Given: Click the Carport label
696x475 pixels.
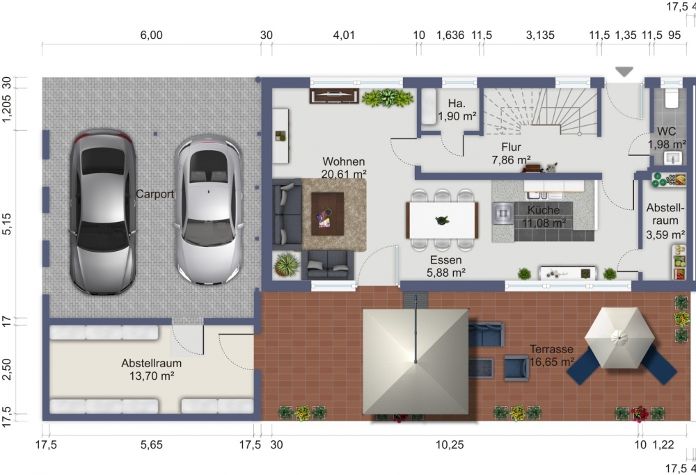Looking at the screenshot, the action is click(155, 194).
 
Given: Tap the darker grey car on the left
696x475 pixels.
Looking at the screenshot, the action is click(102, 212).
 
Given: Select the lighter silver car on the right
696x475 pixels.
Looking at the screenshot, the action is click(209, 209).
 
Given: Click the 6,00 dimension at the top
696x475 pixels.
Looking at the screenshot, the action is click(151, 35).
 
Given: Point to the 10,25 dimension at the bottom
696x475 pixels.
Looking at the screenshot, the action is click(450, 444).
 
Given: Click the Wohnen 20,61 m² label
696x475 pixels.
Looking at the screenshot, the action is click(344, 168).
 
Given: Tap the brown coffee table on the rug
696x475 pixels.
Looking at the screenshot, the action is click(328, 214).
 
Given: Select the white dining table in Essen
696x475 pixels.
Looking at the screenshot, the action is click(442, 220).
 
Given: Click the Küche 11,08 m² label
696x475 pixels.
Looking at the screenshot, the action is click(544, 216).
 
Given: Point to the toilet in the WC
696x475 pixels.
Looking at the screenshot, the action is click(671, 98).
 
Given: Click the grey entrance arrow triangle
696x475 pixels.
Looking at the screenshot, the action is click(624, 72).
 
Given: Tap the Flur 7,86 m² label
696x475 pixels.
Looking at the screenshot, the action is click(512, 154).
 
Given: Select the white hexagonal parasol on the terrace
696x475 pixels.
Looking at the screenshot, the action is click(619, 338).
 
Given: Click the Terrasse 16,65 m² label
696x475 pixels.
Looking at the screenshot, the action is click(552, 355).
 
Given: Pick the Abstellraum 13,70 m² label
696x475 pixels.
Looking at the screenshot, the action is click(151, 369).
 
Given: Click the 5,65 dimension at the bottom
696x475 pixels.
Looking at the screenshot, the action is click(152, 444).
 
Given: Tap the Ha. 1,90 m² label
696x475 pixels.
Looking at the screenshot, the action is click(457, 110).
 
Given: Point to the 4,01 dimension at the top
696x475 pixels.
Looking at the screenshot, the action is click(344, 35).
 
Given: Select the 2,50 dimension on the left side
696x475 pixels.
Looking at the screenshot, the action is click(7, 369).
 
